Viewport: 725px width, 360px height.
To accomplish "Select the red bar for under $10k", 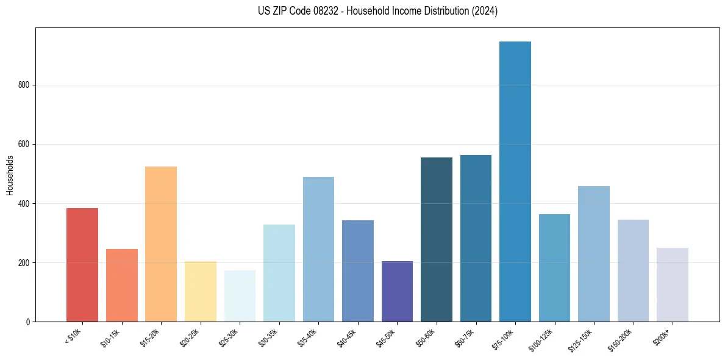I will coord(82,265).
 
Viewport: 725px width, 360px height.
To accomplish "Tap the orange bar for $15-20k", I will coord(161,244).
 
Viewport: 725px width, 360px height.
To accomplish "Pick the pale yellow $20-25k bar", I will coord(201,292).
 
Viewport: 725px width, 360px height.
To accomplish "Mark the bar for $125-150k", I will coord(594,254).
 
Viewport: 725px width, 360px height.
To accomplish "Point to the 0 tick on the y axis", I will coord(29,322).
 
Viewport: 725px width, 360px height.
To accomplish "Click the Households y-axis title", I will coord(10,175).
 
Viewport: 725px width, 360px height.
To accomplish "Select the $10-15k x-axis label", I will coord(111,338).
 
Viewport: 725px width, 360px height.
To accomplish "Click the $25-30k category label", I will coord(229,338).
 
